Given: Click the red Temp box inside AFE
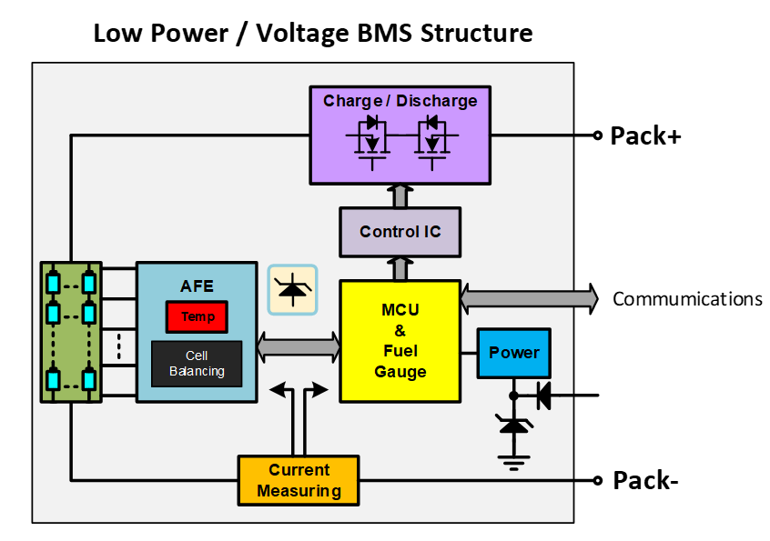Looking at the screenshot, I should point(197,316).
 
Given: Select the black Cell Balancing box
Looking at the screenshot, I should point(197,364).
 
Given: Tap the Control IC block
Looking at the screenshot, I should point(400,231).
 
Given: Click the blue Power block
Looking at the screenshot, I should point(514,353).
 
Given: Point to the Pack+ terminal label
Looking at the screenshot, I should point(645,136).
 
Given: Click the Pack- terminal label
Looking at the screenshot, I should point(645,480).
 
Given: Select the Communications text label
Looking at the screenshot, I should point(687,298).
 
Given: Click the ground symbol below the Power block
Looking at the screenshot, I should point(515,462).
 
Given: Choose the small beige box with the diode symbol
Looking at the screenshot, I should point(292,290).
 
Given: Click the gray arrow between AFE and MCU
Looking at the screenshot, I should point(299,346).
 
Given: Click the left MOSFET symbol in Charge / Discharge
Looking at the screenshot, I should point(369,140).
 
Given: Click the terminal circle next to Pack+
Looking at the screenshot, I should point(598,135).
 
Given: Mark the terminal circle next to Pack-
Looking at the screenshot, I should point(598,480).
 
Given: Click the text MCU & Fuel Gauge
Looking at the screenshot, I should point(400,341).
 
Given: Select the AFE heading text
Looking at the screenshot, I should point(197,286).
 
